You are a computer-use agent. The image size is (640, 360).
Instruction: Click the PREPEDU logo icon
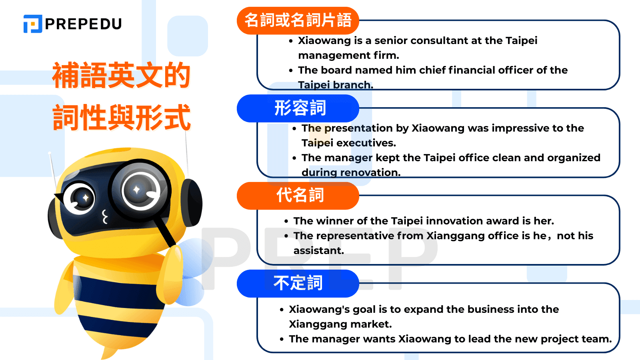pyautogui.click(x=33, y=24)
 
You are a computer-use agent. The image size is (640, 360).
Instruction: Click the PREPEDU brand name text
pyautogui.click(x=84, y=24)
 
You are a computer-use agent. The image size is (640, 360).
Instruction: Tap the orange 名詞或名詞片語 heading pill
pyautogui.click(x=298, y=20)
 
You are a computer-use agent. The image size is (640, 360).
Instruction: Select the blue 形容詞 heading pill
pyautogui.click(x=298, y=108)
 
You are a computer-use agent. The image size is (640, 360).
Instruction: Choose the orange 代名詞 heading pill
pyautogui.click(x=298, y=196)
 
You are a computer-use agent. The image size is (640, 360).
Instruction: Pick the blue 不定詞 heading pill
pyautogui.click(x=298, y=284)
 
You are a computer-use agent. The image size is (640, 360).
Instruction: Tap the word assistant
pyautogui.click(x=318, y=250)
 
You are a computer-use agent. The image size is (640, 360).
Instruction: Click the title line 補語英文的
pyautogui.click(x=122, y=75)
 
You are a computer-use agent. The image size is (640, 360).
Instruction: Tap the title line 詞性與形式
pyautogui.click(x=122, y=117)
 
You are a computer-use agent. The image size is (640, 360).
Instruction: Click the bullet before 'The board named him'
pyautogui.click(x=291, y=70)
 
